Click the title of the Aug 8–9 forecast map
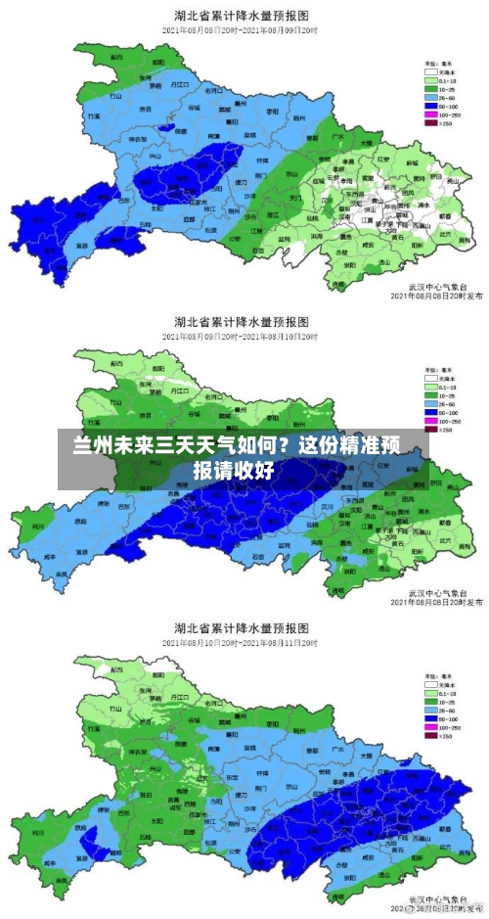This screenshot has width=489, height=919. [x=242, y=15]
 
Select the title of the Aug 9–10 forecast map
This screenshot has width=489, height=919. [x=242, y=321]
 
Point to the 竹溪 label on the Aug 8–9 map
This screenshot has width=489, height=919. [x=117, y=97]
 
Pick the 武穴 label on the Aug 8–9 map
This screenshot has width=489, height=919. [x=446, y=236]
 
